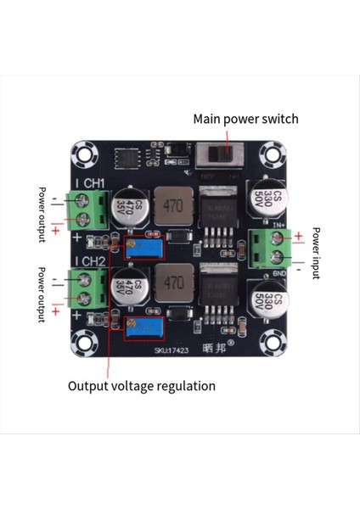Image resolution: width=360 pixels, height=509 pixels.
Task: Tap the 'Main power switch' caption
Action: [x=245, y=120]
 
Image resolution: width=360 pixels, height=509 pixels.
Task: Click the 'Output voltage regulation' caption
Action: [x=142, y=386]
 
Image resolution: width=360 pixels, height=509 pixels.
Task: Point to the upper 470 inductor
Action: [x=174, y=205]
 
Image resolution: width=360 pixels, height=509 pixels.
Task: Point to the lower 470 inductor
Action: [x=174, y=282]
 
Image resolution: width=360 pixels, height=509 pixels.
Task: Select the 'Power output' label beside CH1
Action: [x=41, y=214]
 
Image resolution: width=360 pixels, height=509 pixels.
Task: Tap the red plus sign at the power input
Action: [x=298, y=236]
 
